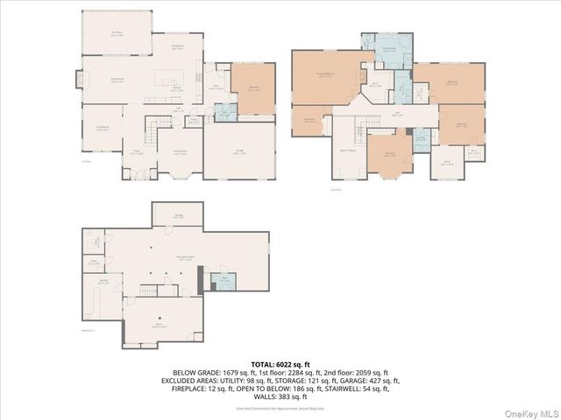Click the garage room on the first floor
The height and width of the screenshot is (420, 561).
point(238,150)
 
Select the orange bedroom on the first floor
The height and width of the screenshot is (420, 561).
point(252,88)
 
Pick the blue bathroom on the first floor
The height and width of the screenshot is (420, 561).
point(224,112)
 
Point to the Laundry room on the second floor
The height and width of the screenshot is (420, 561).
point(421,137)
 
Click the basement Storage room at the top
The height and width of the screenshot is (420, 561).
point(178,214)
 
